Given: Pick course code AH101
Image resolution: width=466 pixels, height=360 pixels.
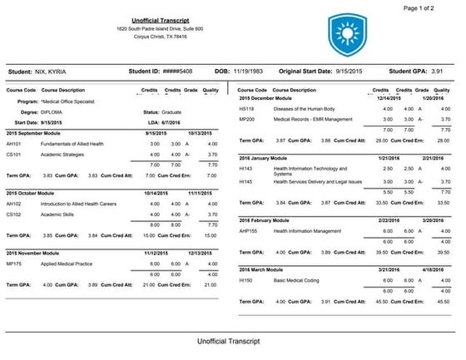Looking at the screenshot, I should pyautogui.click(x=14, y=145).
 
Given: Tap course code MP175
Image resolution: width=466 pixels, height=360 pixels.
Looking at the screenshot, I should pyautogui.click(x=14, y=262).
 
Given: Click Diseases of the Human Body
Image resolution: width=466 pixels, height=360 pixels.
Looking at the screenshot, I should pyautogui.click(x=298, y=108).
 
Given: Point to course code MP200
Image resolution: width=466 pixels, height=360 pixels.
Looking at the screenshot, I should pyautogui.click(x=246, y=119).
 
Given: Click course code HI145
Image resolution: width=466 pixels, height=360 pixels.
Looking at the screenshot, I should pyautogui.click(x=245, y=180).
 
